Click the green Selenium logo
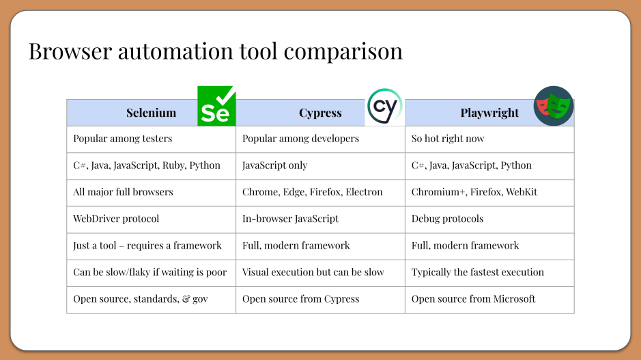tap(216, 106)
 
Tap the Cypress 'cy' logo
tap(385, 107)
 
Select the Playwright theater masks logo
tap(554, 106)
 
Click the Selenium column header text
tap(151, 113)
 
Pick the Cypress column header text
tap(320, 113)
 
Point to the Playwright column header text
tap(489, 113)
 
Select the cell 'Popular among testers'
tap(123, 139)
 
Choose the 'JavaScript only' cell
tap(275, 165)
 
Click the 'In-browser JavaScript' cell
tap(290, 219)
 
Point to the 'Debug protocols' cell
tap(447, 219)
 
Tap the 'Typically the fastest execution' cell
tap(478, 272)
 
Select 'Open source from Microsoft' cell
tap(473, 299)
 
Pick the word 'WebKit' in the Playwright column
tap(521, 192)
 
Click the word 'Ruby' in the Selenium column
tap(173, 165)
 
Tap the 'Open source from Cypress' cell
tap(300, 299)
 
